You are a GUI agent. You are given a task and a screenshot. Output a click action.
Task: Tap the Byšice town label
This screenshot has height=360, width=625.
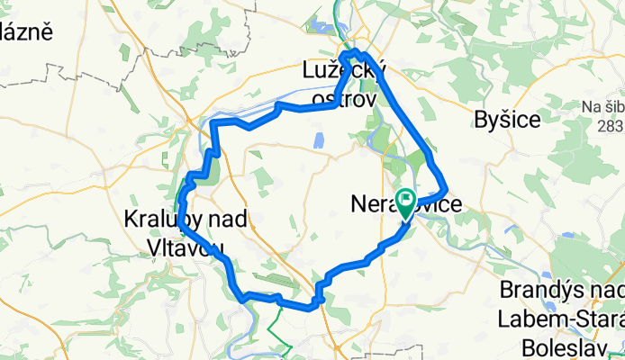coord(507,119)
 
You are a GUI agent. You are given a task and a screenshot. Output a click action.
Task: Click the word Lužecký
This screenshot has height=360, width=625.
coord(344,69)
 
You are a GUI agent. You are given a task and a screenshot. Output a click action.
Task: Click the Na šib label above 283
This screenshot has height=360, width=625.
coord(602,107)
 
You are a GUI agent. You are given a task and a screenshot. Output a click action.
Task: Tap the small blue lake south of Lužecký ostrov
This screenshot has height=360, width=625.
coord(318,139)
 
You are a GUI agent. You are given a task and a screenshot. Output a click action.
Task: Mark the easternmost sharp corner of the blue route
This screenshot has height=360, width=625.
coord(447,189)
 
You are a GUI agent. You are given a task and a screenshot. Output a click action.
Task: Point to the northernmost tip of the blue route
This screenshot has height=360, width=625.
coord(355,51)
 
